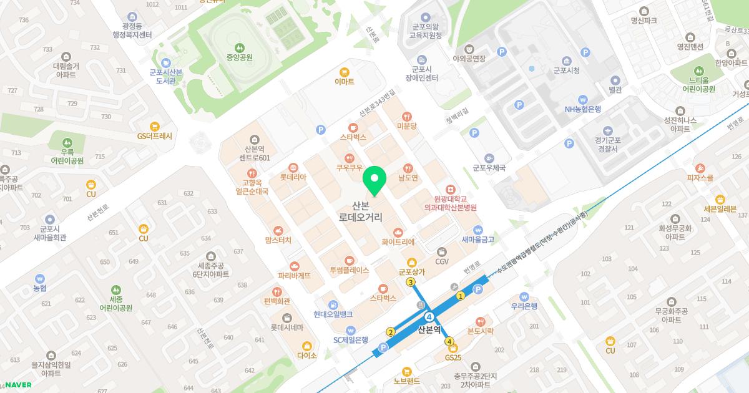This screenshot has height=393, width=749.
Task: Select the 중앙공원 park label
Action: [x=239, y=57]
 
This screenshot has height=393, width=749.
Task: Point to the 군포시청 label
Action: [x=567, y=70]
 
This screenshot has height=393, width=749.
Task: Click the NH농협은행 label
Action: [x=582, y=109]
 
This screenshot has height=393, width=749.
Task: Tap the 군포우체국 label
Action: [x=489, y=167]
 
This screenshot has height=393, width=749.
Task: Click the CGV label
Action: [x=442, y=261]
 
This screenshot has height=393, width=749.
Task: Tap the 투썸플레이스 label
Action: [x=350, y=270]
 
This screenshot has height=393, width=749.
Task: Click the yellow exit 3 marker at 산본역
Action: [x=411, y=282]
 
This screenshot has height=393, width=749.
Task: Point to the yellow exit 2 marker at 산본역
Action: [x=391, y=332]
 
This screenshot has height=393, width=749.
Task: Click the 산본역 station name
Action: [x=429, y=329]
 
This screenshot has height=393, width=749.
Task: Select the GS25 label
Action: [x=453, y=357]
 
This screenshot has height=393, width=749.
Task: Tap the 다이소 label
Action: [x=307, y=355]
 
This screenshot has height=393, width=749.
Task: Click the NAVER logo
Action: [x=18, y=384]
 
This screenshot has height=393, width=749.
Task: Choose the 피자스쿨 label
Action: [x=700, y=177]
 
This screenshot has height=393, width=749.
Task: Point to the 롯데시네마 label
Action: [x=286, y=327]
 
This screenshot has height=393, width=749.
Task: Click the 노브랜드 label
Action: [x=407, y=381]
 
